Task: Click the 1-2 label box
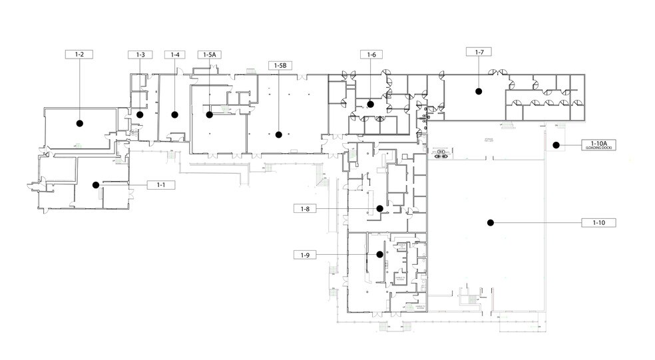click(x=79, y=55)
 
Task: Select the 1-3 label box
click(x=140, y=55)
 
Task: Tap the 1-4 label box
click(x=175, y=55)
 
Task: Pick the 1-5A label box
click(x=210, y=55)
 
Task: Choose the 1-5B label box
click(x=279, y=65)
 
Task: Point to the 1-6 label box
click(x=371, y=55)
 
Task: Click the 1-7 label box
click(x=478, y=52)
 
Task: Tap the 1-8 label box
click(x=306, y=208)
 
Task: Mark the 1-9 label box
click(x=306, y=254)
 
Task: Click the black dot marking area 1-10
click(x=490, y=222)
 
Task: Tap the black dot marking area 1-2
click(x=79, y=122)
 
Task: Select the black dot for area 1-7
click(x=478, y=92)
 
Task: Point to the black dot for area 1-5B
click(x=279, y=134)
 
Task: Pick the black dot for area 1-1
click(x=96, y=184)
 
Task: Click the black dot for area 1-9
click(x=379, y=254)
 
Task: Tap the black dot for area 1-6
click(x=371, y=104)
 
